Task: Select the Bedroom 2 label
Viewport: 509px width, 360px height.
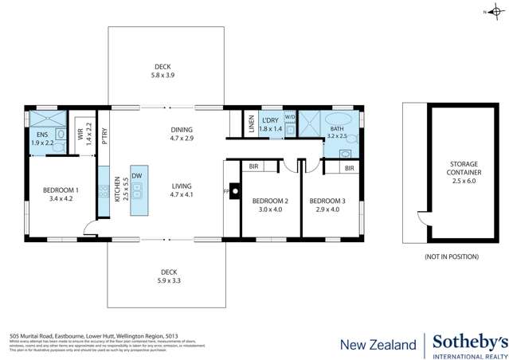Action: point(264,205)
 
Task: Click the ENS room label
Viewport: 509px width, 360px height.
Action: point(41,139)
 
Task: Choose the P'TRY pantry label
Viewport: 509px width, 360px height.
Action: point(104,135)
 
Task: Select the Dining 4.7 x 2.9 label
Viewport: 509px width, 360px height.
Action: point(181,135)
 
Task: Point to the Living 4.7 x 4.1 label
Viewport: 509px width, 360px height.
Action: point(182,190)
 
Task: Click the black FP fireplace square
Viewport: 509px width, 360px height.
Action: point(233,192)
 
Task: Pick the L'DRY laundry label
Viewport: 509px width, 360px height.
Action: point(272,123)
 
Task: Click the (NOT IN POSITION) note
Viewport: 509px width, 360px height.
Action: point(452,256)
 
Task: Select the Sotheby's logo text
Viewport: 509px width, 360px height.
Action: point(469,340)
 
